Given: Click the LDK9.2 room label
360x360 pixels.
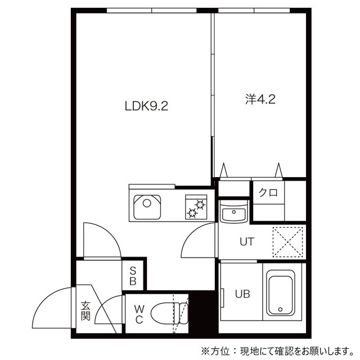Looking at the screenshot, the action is (146, 106).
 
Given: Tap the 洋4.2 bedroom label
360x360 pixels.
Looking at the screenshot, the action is (260, 100).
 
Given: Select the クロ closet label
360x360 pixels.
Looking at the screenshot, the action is (268, 192).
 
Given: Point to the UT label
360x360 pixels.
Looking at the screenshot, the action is (247, 241).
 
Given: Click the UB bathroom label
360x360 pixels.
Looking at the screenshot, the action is (242, 294).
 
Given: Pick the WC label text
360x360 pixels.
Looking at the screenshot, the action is (139, 314).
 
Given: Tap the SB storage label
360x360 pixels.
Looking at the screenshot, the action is (133, 276).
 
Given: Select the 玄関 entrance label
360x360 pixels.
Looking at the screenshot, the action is (85, 311).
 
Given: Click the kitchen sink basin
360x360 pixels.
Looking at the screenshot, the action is (147, 207).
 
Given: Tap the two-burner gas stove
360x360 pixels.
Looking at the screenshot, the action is (196, 207).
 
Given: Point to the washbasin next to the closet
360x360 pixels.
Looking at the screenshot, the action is (233, 212).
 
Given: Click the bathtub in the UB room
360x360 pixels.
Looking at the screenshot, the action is (280, 292).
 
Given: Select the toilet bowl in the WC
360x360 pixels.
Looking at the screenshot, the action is (169, 313).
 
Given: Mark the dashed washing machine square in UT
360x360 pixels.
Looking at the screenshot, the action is (287, 242).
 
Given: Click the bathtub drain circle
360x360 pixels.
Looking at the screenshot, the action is (280, 309).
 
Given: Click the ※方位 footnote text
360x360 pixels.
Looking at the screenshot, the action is (277, 350).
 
